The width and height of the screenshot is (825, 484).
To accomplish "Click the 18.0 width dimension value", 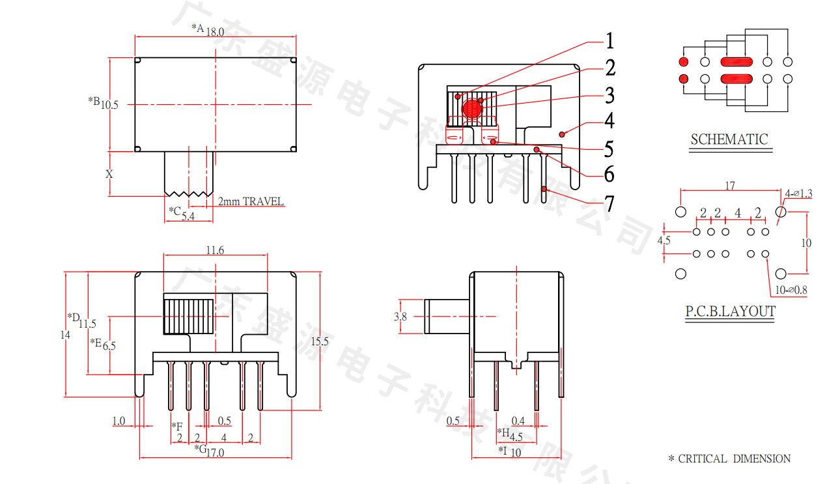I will [x=216, y=31].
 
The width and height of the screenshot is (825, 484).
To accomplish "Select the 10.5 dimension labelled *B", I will [x=109, y=104].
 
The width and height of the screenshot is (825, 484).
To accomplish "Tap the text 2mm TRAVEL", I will [x=251, y=202].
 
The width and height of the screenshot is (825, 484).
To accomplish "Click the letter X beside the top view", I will [x=109, y=174].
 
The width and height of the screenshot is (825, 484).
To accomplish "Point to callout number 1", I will [x=609, y=42].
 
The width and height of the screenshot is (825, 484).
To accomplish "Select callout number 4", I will [x=609, y=121].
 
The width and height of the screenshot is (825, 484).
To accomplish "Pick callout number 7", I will [x=609, y=205].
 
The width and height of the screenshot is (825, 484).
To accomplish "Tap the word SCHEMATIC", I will [x=729, y=139].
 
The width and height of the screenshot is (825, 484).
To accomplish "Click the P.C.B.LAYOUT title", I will [x=730, y=311].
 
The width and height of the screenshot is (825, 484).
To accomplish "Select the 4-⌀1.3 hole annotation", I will [x=799, y=193].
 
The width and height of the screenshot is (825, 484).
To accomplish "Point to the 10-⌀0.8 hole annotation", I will [x=790, y=291].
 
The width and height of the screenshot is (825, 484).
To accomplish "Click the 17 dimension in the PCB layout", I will [x=730, y=186].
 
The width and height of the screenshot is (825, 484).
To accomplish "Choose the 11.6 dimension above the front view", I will [x=216, y=250].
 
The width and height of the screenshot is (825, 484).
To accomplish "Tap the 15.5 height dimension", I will [x=320, y=341].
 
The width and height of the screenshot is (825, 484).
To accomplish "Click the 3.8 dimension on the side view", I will [x=400, y=317].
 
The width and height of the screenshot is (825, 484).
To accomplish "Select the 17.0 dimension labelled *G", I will [x=215, y=452].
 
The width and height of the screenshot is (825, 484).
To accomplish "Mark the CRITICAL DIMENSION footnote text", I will [x=734, y=459].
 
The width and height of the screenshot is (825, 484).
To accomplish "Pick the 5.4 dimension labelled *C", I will [x=188, y=216].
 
